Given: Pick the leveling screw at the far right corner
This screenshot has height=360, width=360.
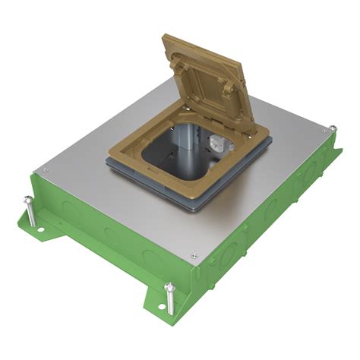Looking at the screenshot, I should (332, 130).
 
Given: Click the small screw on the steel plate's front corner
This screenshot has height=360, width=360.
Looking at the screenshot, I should (196, 256).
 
